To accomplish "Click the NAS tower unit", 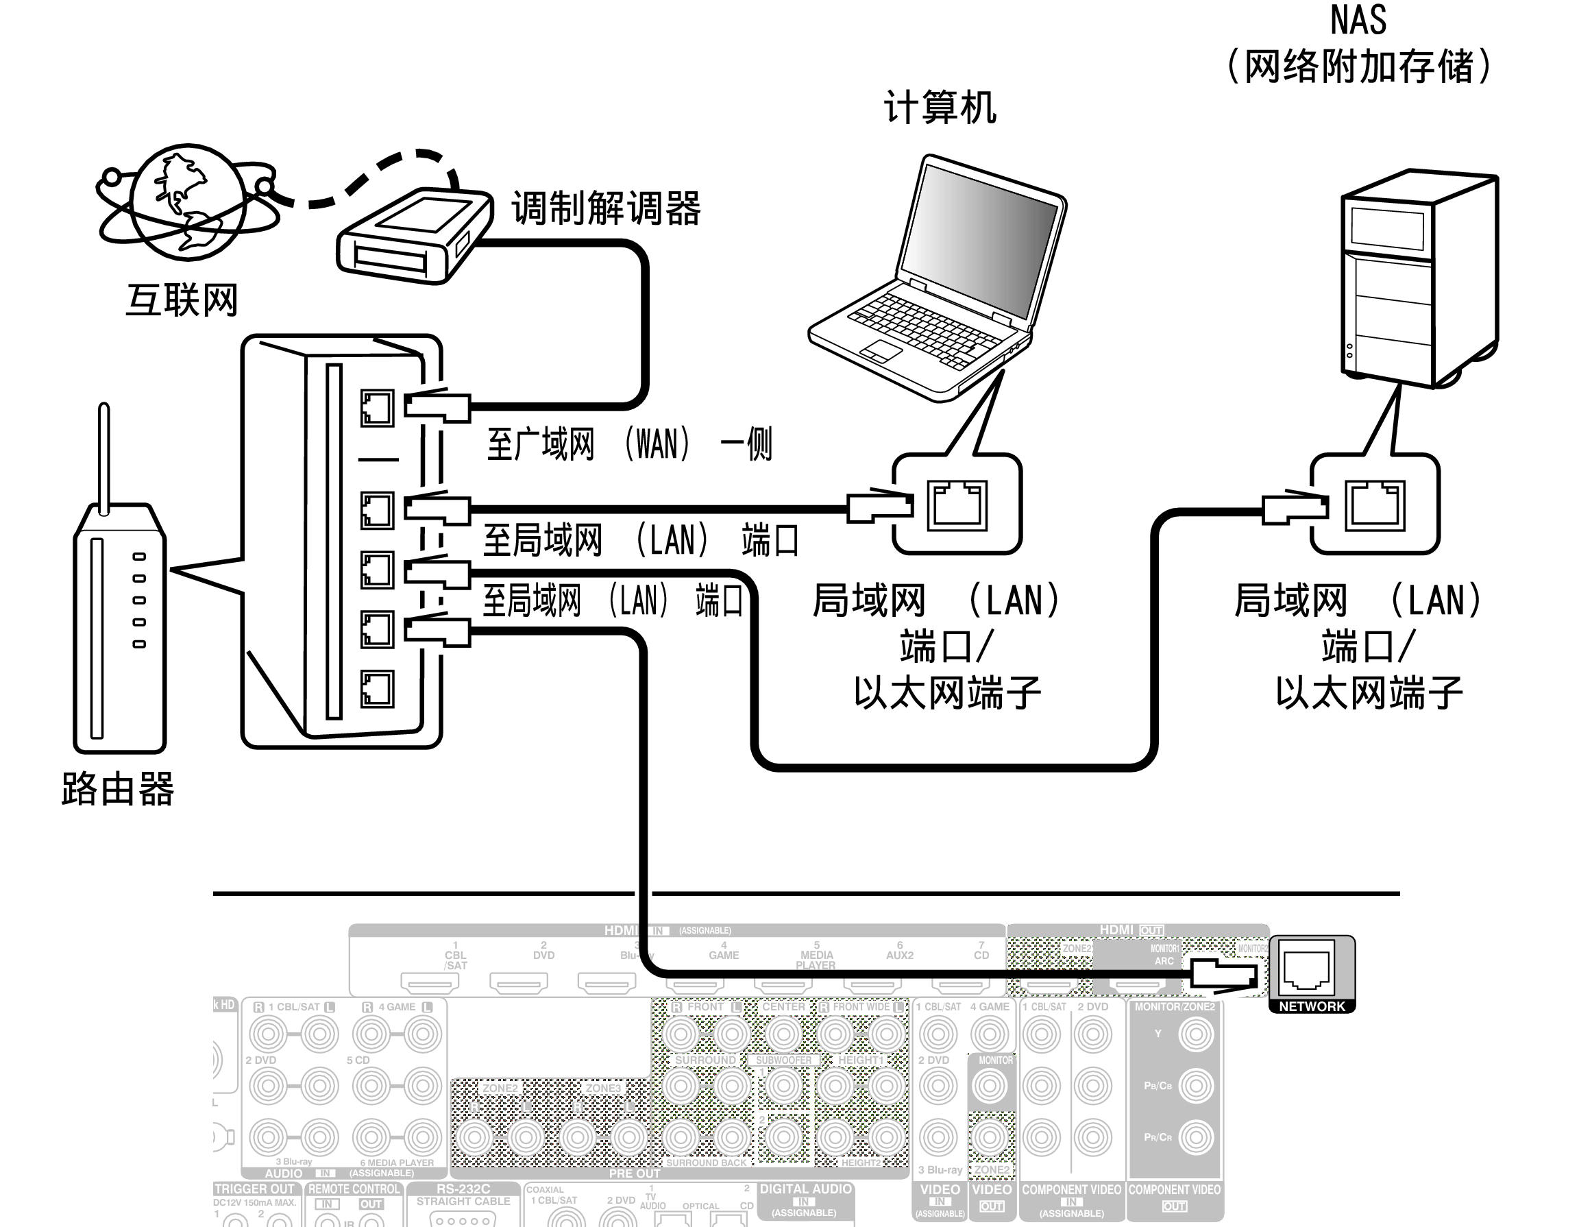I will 1417,278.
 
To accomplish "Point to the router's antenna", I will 104,456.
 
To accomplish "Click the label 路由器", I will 118,788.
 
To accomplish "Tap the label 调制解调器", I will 606,208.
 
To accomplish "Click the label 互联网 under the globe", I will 182,300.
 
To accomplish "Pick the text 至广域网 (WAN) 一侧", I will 629,444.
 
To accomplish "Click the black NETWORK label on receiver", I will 1312,1006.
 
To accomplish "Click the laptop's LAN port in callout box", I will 957,505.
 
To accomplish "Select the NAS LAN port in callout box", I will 1374,505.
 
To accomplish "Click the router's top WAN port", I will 377,408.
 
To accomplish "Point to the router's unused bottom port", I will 377,688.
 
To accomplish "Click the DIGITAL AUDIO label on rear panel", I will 805,1189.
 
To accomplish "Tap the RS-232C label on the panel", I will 463,1189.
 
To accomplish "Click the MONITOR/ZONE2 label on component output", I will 1174,1006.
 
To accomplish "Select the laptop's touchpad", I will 881,351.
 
